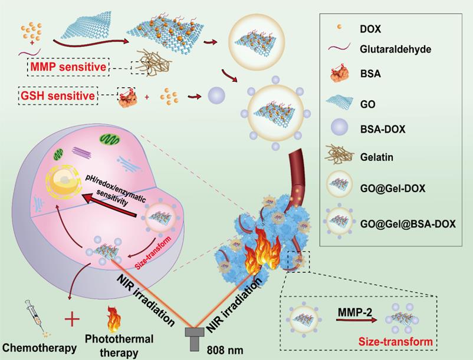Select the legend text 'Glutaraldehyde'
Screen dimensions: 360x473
[396, 49]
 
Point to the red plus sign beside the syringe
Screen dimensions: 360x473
[72, 320]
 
